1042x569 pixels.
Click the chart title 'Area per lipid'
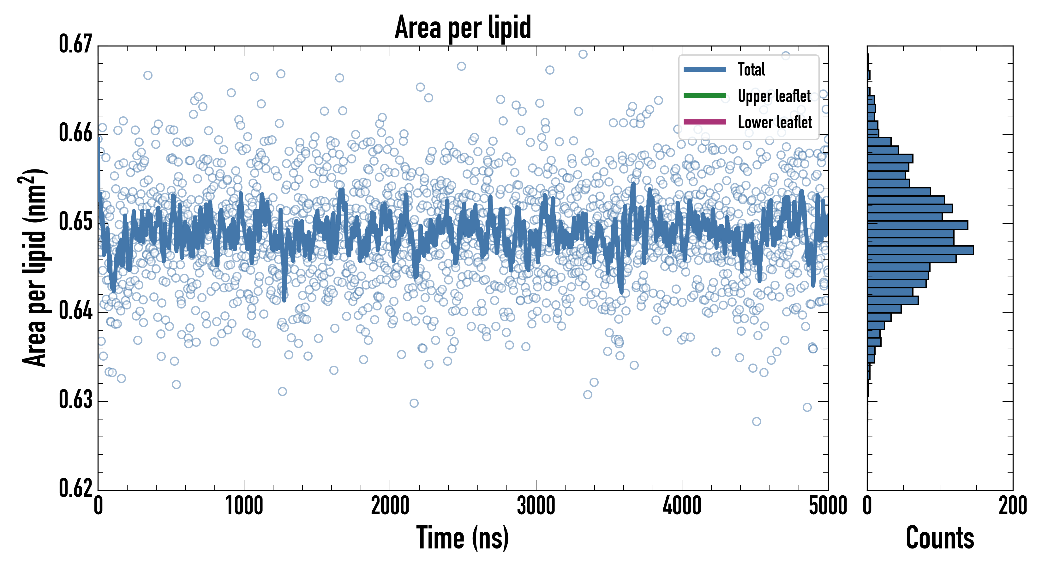[463, 27]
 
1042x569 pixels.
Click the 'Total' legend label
[751, 69]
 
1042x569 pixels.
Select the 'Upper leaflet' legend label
[774, 96]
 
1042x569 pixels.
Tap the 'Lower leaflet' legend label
[775, 122]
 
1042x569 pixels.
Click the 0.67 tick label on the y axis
[76, 44]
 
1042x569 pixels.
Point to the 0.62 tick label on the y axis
[76, 488]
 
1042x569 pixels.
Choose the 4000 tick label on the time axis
[682, 506]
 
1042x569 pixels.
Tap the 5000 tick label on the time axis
[828, 506]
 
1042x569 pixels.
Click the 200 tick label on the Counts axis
[1012, 506]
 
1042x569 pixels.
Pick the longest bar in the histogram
[920, 250]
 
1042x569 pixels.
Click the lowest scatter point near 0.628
[757, 422]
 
